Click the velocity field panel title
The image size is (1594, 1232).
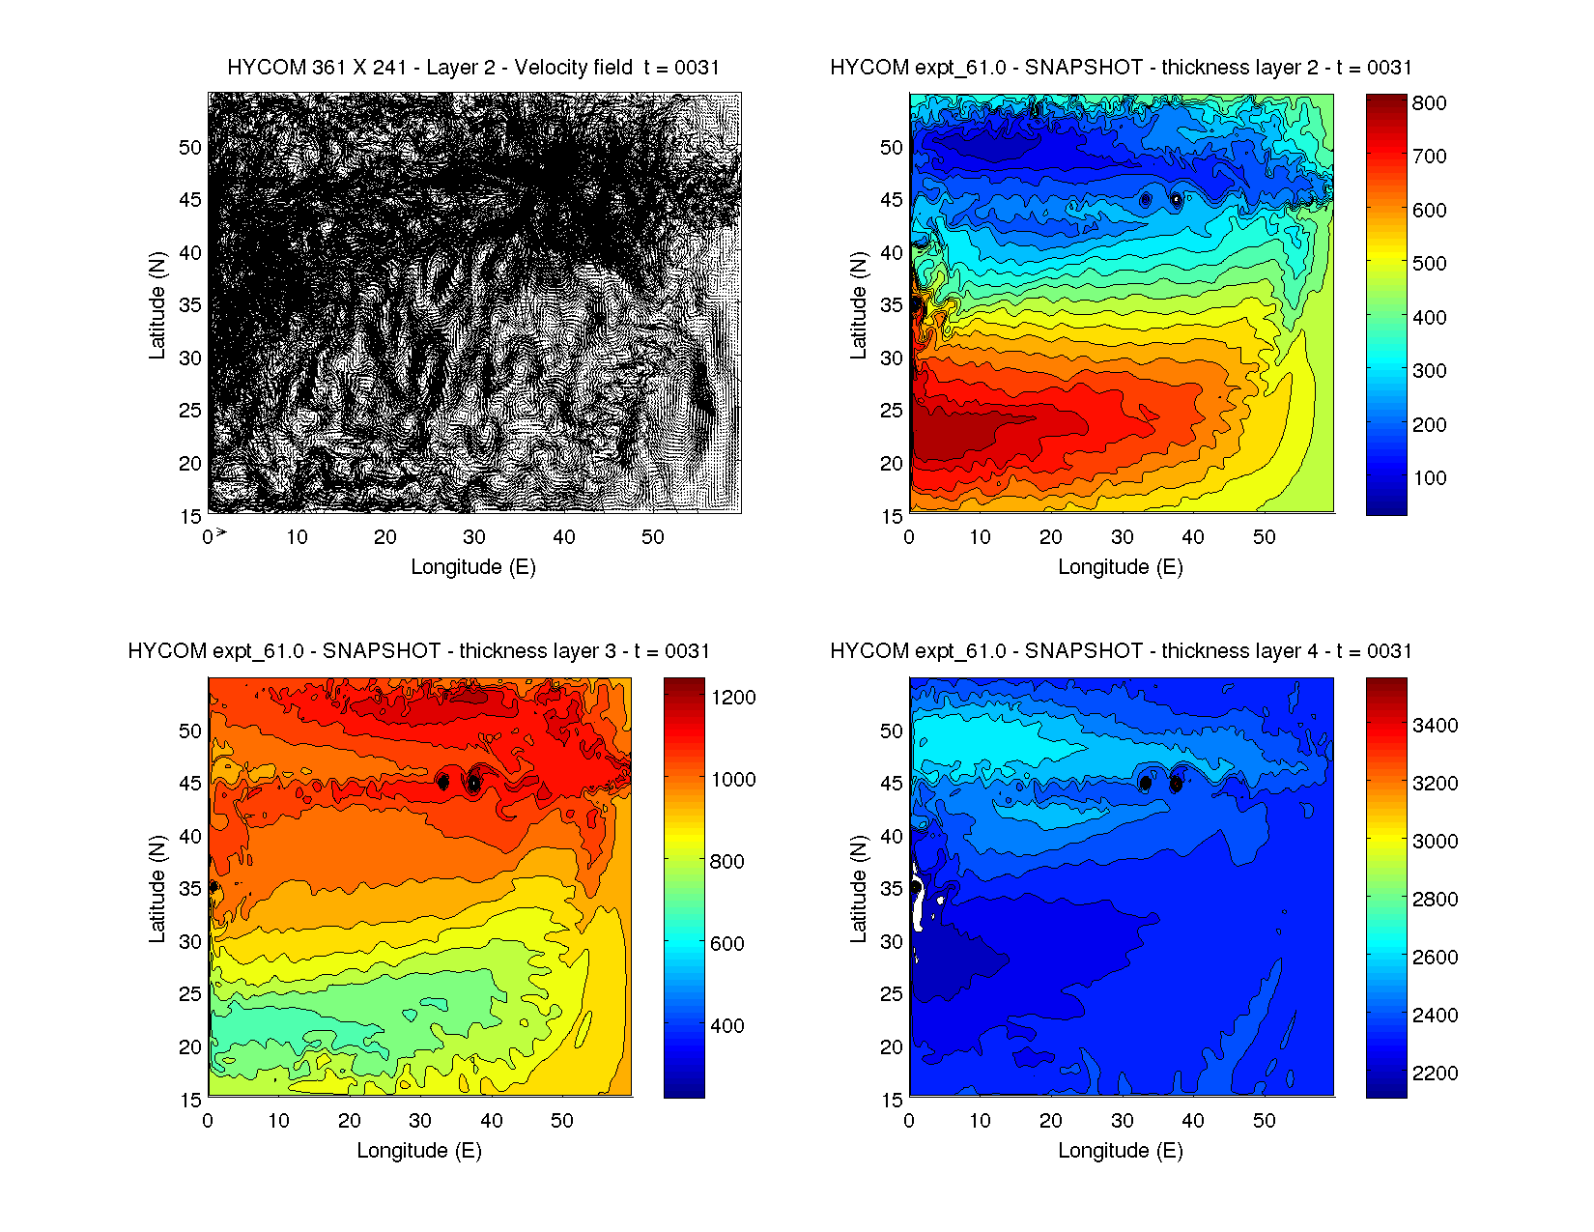pyautogui.click(x=473, y=68)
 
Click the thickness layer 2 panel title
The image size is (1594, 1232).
pyautogui.click(x=1121, y=68)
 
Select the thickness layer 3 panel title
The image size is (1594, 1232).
pyautogui.click(x=418, y=651)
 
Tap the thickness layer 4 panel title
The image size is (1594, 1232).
pyautogui.click(x=1121, y=651)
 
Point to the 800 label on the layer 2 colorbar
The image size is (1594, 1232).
pyautogui.click(x=1429, y=103)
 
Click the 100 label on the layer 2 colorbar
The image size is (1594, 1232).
pyautogui.click(x=1429, y=478)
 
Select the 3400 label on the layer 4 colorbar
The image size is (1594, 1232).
pyautogui.click(x=1435, y=726)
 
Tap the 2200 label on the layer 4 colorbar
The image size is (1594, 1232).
pyautogui.click(x=1435, y=1074)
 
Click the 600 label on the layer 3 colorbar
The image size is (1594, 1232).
pyautogui.click(x=726, y=944)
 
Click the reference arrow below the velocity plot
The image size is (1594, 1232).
pyautogui.click(x=221, y=531)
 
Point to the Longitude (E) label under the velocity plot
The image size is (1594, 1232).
pyautogui.click(x=473, y=567)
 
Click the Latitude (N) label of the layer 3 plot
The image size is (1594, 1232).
pyautogui.click(x=157, y=889)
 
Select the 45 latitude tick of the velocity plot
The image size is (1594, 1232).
pyautogui.click(x=190, y=200)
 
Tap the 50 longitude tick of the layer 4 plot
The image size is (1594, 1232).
pyautogui.click(x=1264, y=1121)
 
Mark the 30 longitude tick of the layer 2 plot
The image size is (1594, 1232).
pyautogui.click(x=1122, y=537)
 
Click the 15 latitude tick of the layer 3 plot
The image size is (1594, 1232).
pyautogui.click(x=190, y=1100)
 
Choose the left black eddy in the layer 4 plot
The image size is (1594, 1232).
pyautogui.click(x=1145, y=783)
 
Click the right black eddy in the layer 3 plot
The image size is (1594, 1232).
pyautogui.click(x=473, y=783)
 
